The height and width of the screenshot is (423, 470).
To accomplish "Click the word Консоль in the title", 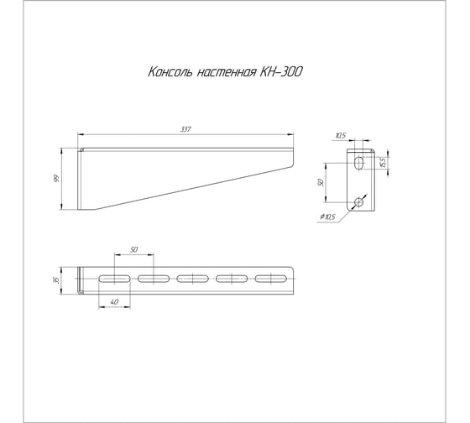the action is tap(170, 72).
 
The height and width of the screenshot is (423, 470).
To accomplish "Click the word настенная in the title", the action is tap(227, 72).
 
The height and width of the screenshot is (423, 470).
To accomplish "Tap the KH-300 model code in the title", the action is tap(281, 72).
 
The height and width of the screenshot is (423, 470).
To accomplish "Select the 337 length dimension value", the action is tap(185, 129).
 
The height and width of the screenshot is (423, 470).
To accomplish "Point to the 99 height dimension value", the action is tap(56, 179).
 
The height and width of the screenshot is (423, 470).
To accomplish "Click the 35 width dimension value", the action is tap(55, 280).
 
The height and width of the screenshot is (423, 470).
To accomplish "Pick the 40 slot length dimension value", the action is tap(114, 302).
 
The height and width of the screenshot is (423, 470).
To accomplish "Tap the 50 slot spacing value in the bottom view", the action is tap(134, 249).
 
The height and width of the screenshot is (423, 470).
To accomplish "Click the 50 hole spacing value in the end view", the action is tap(321, 182).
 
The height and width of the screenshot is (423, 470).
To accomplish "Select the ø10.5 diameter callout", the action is tap(327, 217).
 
